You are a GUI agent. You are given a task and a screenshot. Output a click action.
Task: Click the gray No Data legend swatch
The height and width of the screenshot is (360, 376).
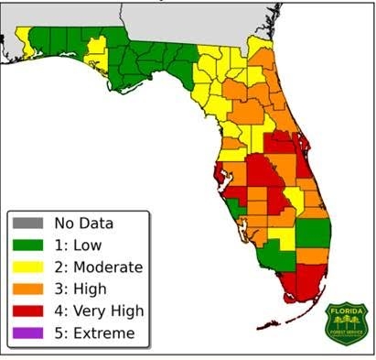coord(27,223)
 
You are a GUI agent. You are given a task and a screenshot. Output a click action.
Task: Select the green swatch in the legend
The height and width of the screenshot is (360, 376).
coord(27,245)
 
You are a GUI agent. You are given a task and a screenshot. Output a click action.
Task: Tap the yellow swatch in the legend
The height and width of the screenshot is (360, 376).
coord(27,267)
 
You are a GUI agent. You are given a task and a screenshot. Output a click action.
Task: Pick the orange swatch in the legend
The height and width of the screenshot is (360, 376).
coord(27,289)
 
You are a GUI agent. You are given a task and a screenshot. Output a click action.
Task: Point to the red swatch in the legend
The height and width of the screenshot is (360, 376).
coord(27,311)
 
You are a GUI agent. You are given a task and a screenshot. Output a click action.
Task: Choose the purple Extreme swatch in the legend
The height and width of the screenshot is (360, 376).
coord(27,333)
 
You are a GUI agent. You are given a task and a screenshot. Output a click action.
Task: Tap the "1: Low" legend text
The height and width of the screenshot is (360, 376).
coord(78,245)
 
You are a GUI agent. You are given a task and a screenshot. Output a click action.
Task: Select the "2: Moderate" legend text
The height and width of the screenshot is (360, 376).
coord(98,267)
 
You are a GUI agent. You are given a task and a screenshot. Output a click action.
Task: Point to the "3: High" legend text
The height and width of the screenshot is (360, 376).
coord(81,289)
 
